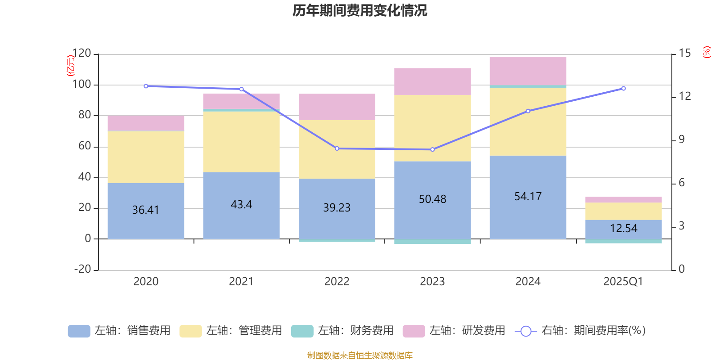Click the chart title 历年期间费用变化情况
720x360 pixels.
click(360, 10)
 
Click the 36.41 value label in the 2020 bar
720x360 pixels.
click(145, 210)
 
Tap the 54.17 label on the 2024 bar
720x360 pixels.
click(528, 196)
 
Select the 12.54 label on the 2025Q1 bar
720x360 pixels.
click(623, 228)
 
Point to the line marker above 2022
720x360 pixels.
click(337, 148)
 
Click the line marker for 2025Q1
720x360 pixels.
click(623, 89)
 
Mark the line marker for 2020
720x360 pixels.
click(146, 86)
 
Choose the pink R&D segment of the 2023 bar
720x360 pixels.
click(432, 81)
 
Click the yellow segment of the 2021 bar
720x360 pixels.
click(241, 142)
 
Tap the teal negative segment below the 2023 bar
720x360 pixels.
click(432, 242)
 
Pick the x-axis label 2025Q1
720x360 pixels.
click(623, 282)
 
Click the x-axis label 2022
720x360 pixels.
click(337, 282)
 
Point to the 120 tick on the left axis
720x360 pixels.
click(81, 54)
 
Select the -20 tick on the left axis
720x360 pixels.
click(82, 269)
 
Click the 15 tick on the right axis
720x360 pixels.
click(684, 53)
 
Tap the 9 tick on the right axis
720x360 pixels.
click(681, 139)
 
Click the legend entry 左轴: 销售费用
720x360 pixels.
click(119, 331)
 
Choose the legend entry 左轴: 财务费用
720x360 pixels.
click(342, 331)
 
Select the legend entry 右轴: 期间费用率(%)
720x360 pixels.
click(580, 331)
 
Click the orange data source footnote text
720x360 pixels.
click(360, 355)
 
